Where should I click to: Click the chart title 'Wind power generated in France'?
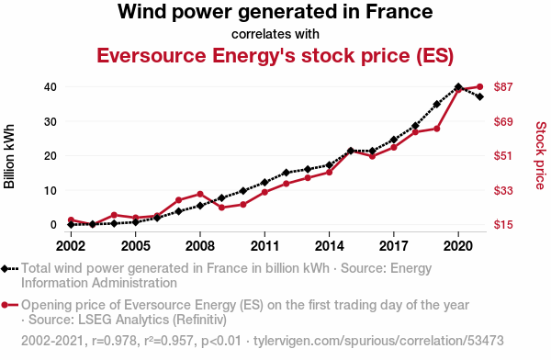tap(275, 12)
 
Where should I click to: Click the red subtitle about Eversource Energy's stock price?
tap(275, 55)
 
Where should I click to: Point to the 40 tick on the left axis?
tap(51, 87)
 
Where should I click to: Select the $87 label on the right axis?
tap(503, 87)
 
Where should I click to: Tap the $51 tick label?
tap(503, 156)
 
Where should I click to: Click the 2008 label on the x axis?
tap(200, 246)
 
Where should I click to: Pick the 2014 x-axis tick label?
tap(330, 246)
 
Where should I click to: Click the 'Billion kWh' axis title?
tap(9, 156)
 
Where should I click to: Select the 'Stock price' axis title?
tap(541, 155)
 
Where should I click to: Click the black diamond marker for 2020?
tap(458, 87)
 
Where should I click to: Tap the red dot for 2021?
tap(479, 87)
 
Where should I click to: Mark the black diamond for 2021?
tap(479, 96)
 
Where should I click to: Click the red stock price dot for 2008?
tap(200, 194)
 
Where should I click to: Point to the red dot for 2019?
tap(437, 129)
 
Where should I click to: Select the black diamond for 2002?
tap(71, 224)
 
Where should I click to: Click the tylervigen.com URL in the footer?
tap(378, 341)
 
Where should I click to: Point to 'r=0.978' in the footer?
tap(114, 341)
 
